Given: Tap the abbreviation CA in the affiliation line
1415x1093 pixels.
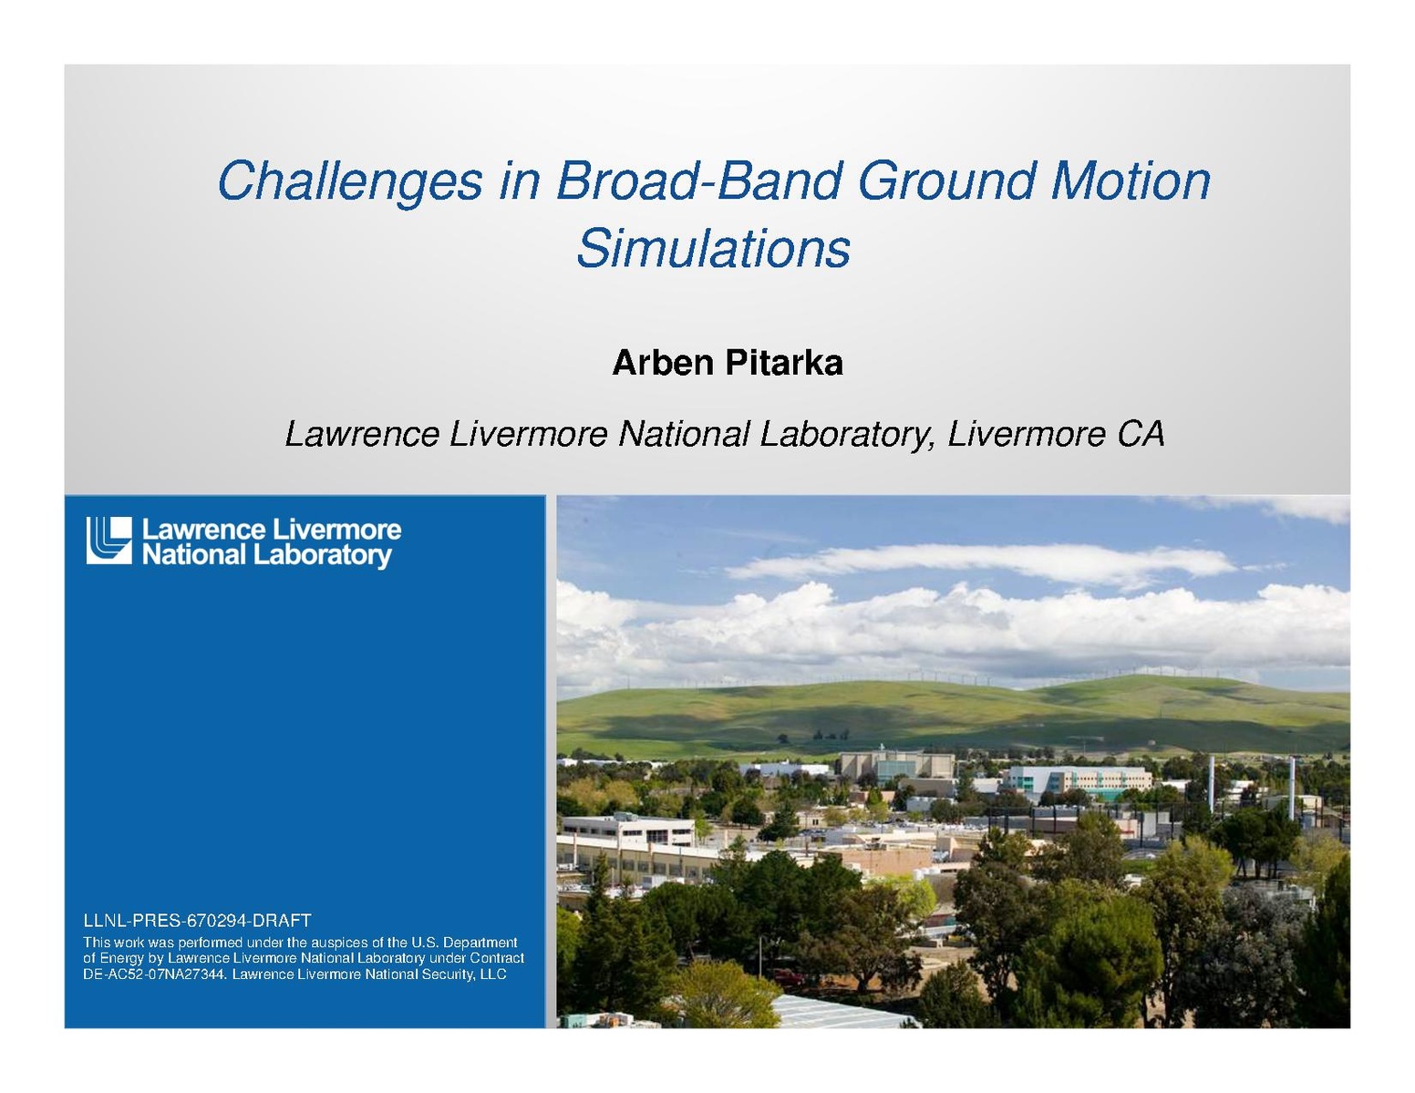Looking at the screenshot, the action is [x=1141, y=434].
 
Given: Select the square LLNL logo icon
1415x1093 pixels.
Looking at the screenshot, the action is [x=108, y=540].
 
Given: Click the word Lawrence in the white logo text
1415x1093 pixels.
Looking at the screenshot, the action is [x=204, y=530].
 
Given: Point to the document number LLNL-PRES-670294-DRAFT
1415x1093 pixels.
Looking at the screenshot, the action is [x=197, y=921].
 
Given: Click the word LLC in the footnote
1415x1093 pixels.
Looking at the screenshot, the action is [x=493, y=974].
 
